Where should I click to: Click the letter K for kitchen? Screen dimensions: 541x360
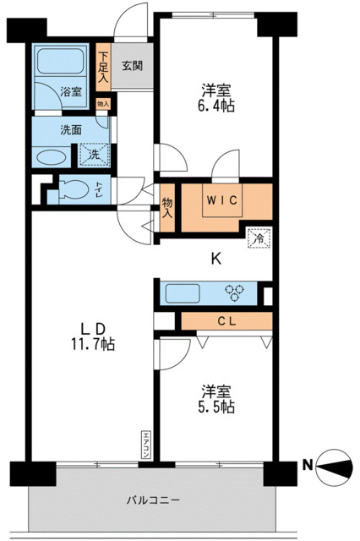(x=216, y=260)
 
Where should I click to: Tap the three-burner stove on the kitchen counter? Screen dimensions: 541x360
(x=236, y=293)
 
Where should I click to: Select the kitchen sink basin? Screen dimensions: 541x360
(x=182, y=294)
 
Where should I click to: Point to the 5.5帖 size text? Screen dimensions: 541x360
(x=217, y=407)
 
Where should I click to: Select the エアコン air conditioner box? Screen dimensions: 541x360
(x=145, y=445)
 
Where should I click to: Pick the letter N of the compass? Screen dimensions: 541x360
(x=308, y=463)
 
